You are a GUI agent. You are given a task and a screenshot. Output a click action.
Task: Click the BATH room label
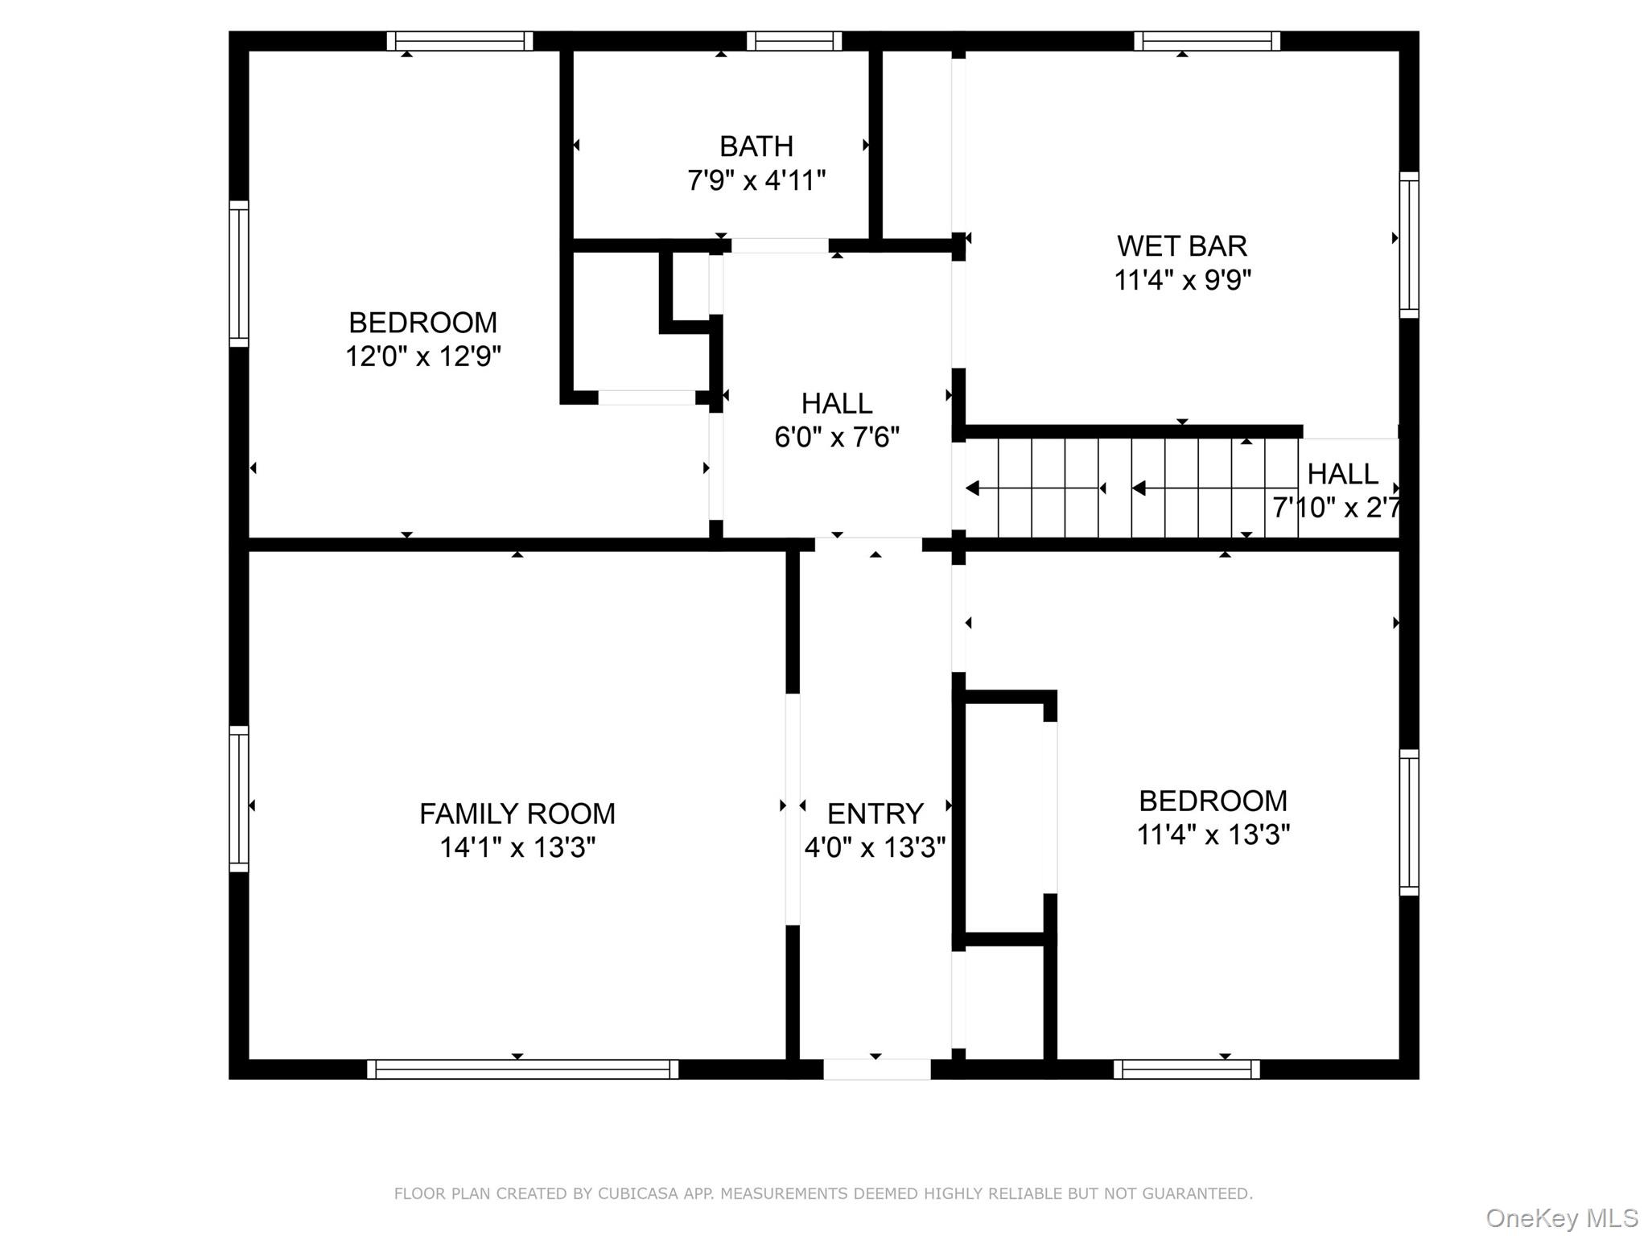coord(756,146)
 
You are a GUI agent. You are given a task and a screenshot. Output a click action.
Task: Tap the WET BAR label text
coord(1181,245)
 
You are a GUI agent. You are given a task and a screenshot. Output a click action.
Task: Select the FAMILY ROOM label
coord(517,814)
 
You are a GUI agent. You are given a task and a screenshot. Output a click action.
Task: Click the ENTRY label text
coord(875,814)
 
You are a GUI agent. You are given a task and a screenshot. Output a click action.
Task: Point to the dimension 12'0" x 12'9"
coord(423,356)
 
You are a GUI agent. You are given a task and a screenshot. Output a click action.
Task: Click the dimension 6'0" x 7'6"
coord(836,437)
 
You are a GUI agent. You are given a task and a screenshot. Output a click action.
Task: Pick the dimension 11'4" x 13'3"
coord(1213,834)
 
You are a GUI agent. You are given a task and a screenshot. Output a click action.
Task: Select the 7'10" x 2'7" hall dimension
coord(1336,508)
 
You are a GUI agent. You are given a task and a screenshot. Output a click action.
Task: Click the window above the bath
coord(793,41)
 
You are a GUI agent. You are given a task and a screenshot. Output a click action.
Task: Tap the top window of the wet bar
coord(1206,41)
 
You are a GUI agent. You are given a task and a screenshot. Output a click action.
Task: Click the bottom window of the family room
coord(522,1069)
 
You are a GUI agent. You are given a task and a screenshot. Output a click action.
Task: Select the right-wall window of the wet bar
coord(1408,245)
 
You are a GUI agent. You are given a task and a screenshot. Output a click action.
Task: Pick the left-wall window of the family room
coord(239,798)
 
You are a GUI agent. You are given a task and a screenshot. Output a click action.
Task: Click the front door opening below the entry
coord(876,1069)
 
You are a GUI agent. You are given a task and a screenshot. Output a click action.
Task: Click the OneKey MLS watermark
coord(1561,1217)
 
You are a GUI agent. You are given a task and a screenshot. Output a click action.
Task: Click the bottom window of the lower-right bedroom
coord(1186,1069)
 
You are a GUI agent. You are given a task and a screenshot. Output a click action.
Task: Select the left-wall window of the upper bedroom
coord(239,274)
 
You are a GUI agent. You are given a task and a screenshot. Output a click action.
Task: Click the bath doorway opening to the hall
coord(779,245)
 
